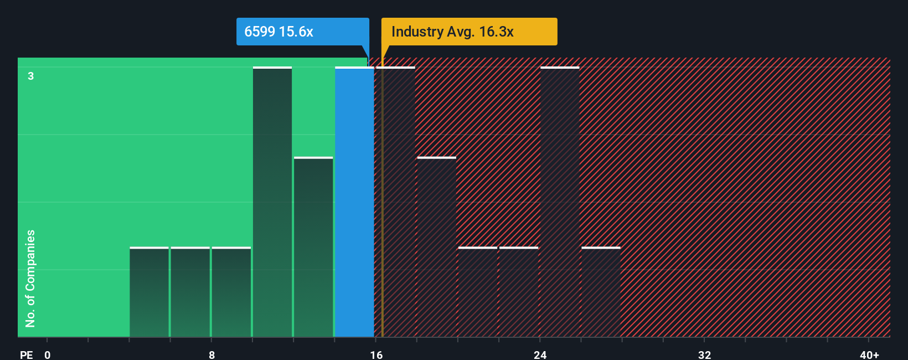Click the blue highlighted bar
click(354, 202)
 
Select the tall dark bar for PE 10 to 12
click(272, 202)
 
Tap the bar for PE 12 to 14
click(313, 247)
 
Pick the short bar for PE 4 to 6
click(149, 292)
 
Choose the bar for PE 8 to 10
click(231, 292)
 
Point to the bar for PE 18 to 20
click(436, 247)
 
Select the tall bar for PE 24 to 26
click(560, 202)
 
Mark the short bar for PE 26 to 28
click(601, 292)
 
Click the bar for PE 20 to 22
click(478, 292)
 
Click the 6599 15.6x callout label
click(302, 32)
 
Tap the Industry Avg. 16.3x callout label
click(469, 32)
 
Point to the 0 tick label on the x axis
click(48, 354)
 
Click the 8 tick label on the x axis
click(211, 354)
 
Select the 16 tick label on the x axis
click(376, 354)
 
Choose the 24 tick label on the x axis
click(540, 354)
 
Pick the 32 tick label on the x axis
click(704, 354)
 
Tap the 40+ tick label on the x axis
click(869, 354)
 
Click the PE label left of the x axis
click(26, 354)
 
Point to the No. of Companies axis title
click(30, 278)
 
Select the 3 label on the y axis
click(31, 76)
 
